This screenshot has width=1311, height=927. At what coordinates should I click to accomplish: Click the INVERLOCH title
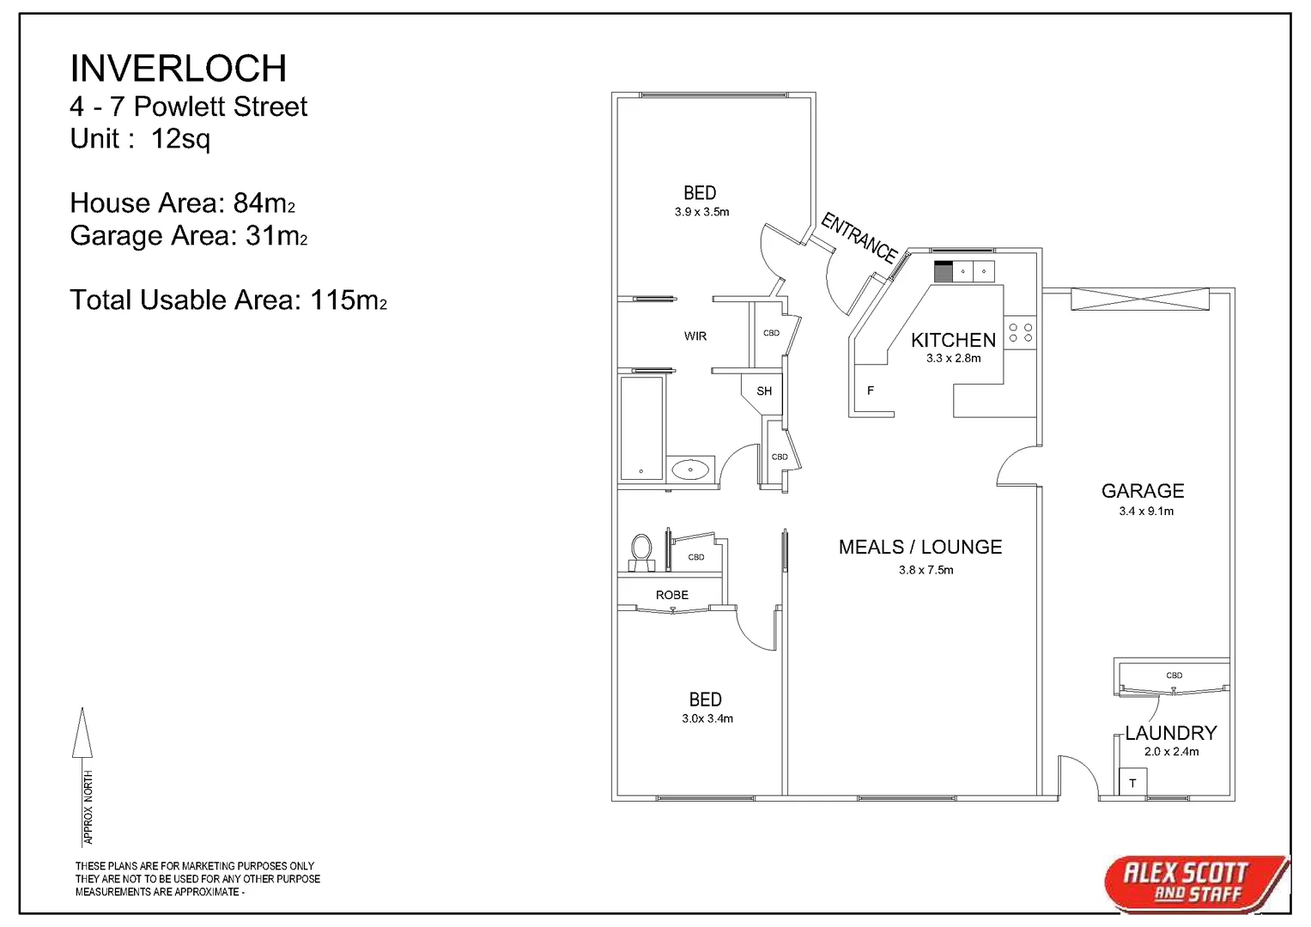pyautogui.click(x=178, y=69)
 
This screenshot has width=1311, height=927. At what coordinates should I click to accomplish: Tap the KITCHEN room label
pyautogui.click(x=953, y=340)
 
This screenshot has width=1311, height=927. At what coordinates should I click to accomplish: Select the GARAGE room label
pyautogui.click(x=1143, y=491)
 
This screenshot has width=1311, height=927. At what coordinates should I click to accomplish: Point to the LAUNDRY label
pyautogui.click(x=1171, y=733)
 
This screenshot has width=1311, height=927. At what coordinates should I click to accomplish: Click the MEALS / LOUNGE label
pyautogui.click(x=920, y=547)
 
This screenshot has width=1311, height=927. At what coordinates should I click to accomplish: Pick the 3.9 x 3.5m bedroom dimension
pyautogui.click(x=701, y=212)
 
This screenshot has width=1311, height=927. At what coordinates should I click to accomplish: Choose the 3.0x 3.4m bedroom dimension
pyautogui.click(x=707, y=718)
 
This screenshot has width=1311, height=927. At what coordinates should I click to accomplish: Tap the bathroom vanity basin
pyautogui.click(x=690, y=470)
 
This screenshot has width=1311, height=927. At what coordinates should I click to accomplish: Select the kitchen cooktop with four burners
pyautogui.click(x=1021, y=332)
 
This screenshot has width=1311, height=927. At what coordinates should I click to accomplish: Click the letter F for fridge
pyautogui.click(x=871, y=391)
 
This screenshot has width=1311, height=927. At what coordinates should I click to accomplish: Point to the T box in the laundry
pyautogui.click(x=1132, y=783)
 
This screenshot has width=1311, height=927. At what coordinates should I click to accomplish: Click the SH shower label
pyautogui.click(x=764, y=391)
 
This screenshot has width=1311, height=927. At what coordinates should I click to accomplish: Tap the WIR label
pyautogui.click(x=695, y=336)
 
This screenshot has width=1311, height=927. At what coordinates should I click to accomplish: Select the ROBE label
pyautogui.click(x=672, y=595)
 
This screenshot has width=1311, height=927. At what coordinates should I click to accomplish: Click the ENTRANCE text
pyautogui.click(x=859, y=237)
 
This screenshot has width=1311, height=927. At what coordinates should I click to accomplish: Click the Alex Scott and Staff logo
pyautogui.click(x=1193, y=883)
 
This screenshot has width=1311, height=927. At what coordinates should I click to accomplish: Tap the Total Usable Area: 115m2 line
pyautogui.click(x=228, y=300)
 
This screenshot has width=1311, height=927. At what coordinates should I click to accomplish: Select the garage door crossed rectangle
pyautogui.click(x=1140, y=300)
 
